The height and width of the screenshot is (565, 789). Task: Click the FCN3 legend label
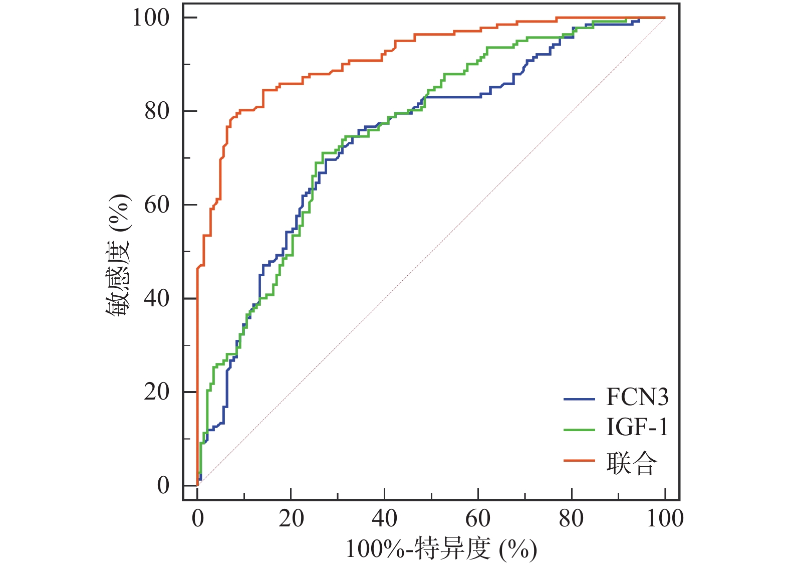(637, 397)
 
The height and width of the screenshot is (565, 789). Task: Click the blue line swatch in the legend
(579, 399)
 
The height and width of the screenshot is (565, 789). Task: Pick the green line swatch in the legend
(579, 430)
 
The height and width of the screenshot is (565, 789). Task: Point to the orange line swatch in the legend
(579, 460)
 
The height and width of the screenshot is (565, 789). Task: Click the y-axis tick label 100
(151, 18)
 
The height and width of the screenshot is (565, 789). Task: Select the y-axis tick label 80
(157, 111)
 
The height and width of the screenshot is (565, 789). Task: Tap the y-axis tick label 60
(157, 205)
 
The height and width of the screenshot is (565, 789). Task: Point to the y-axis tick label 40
(157, 298)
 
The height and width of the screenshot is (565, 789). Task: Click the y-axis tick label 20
(157, 392)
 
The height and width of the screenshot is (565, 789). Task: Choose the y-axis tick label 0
(163, 485)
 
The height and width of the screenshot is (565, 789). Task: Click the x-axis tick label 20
(291, 518)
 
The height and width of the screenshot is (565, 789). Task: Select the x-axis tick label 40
(384, 518)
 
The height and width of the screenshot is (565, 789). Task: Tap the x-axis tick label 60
(478, 518)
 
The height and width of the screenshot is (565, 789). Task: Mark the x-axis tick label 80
(571, 518)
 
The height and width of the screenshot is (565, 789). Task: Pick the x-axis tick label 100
(665, 518)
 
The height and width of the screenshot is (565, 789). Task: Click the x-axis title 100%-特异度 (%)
(441, 548)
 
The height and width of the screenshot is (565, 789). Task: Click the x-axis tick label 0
(198, 518)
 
